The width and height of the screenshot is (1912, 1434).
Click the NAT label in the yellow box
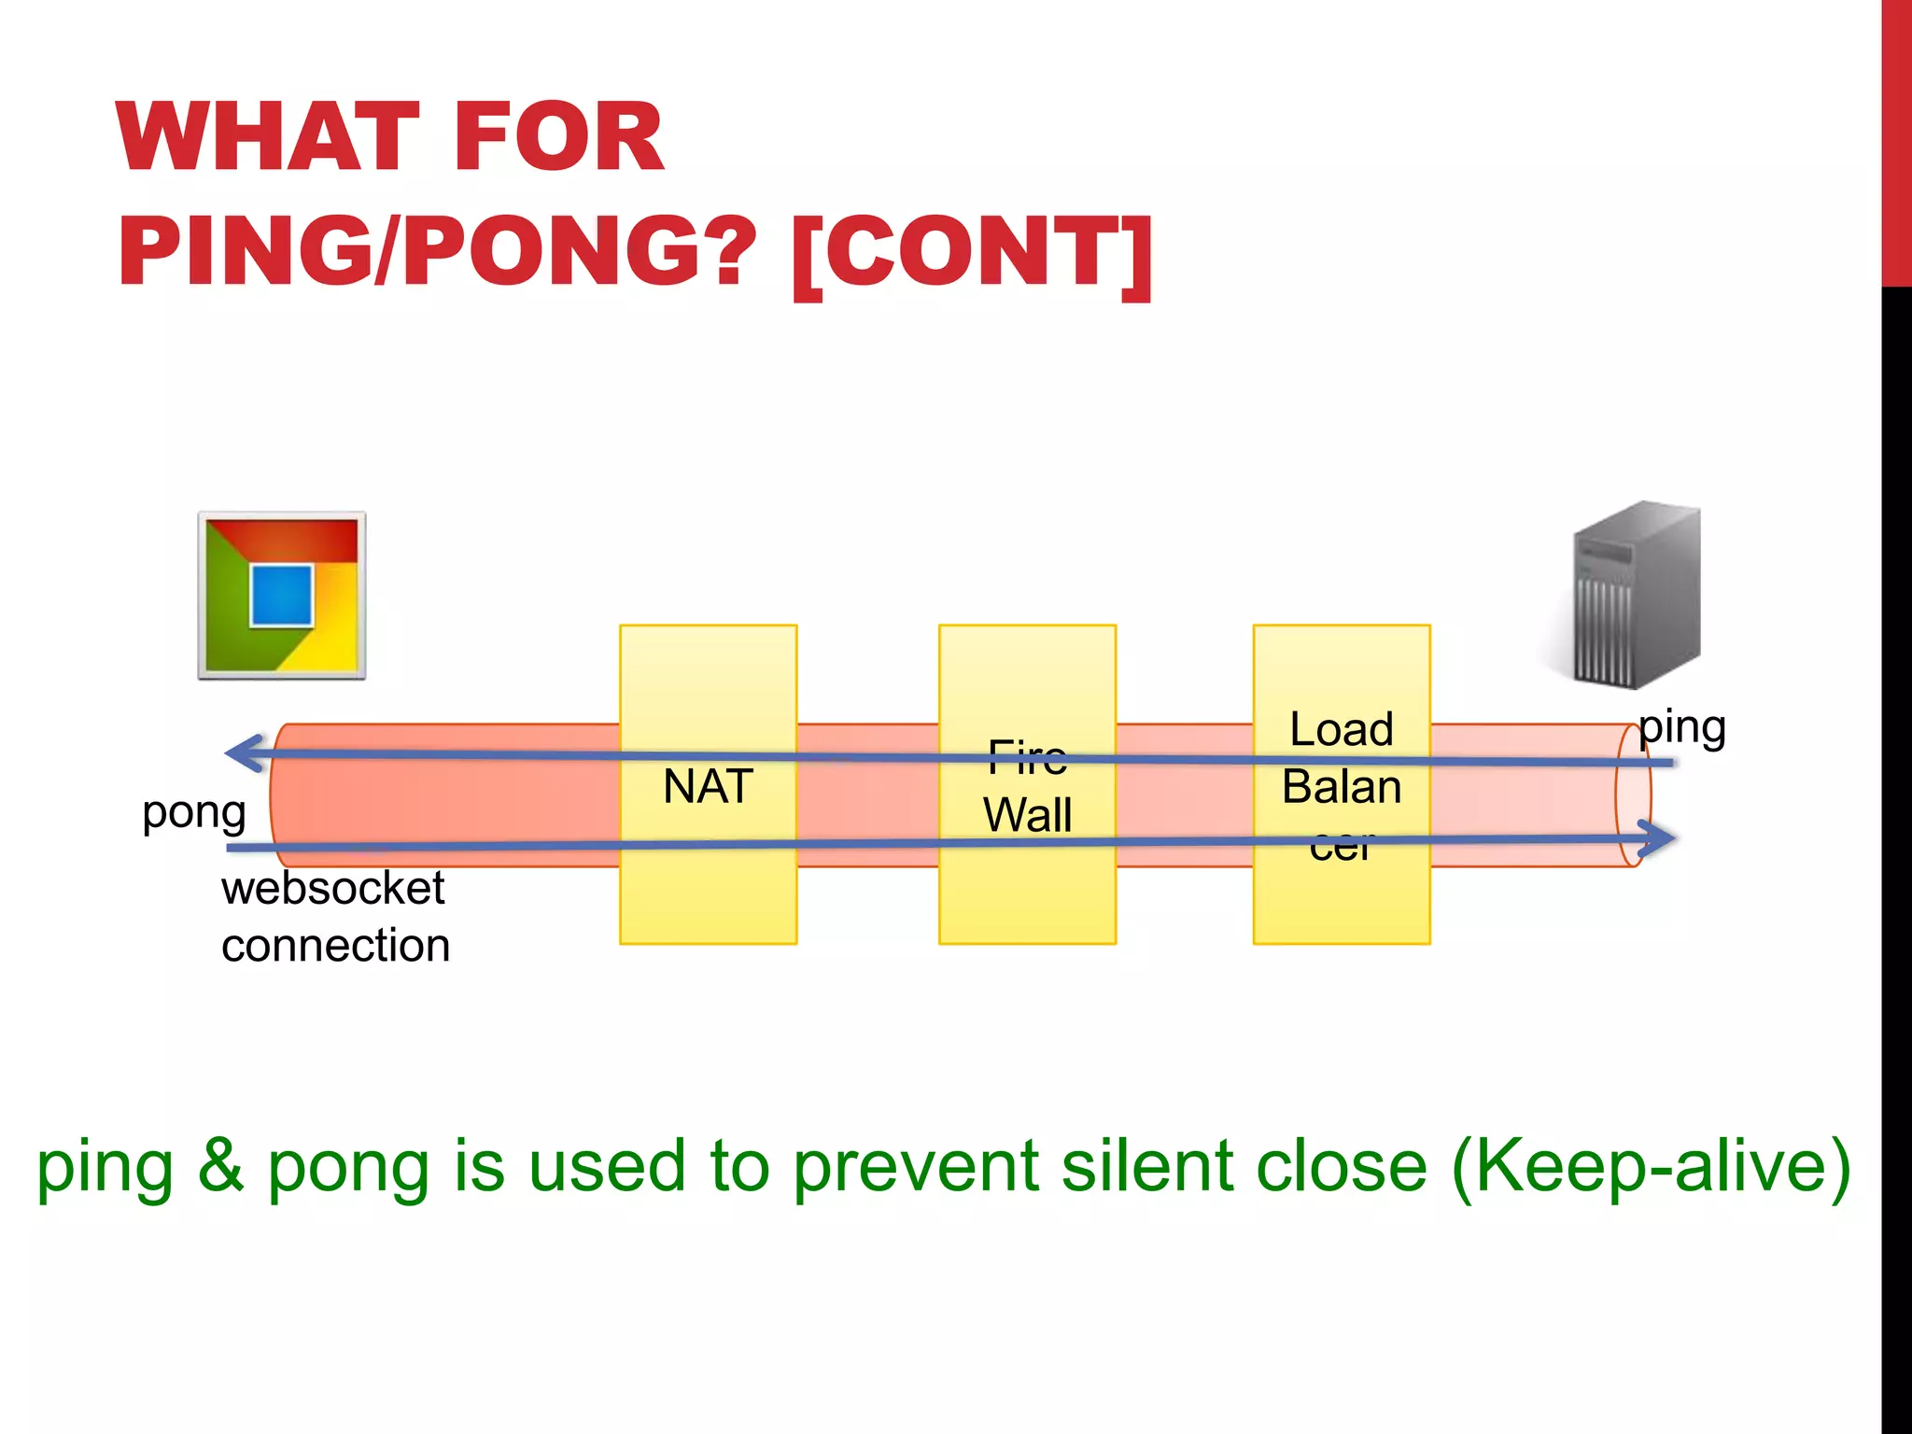(x=708, y=786)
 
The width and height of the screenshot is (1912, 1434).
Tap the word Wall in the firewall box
(x=1027, y=815)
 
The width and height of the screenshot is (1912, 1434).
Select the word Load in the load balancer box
(x=1341, y=729)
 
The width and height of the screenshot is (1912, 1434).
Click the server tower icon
(x=1636, y=594)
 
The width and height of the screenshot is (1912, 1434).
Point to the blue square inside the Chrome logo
(x=281, y=596)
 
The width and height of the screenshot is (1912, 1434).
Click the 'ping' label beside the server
(x=1682, y=728)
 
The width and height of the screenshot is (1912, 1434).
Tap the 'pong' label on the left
(x=194, y=813)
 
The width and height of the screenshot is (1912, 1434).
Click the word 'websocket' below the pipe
(x=332, y=888)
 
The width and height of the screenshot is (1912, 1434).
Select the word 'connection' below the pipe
(x=335, y=946)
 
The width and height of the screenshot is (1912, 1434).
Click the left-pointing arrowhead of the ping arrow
(x=245, y=752)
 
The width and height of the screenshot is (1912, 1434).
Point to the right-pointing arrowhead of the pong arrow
(x=1656, y=838)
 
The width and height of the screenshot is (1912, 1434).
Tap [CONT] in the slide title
(x=972, y=252)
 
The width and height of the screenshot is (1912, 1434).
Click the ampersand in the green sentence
(x=220, y=1166)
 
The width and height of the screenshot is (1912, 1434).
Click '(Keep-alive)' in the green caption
(x=1651, y=1166)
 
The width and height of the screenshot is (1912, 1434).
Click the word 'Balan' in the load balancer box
(x=1341, y=787)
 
